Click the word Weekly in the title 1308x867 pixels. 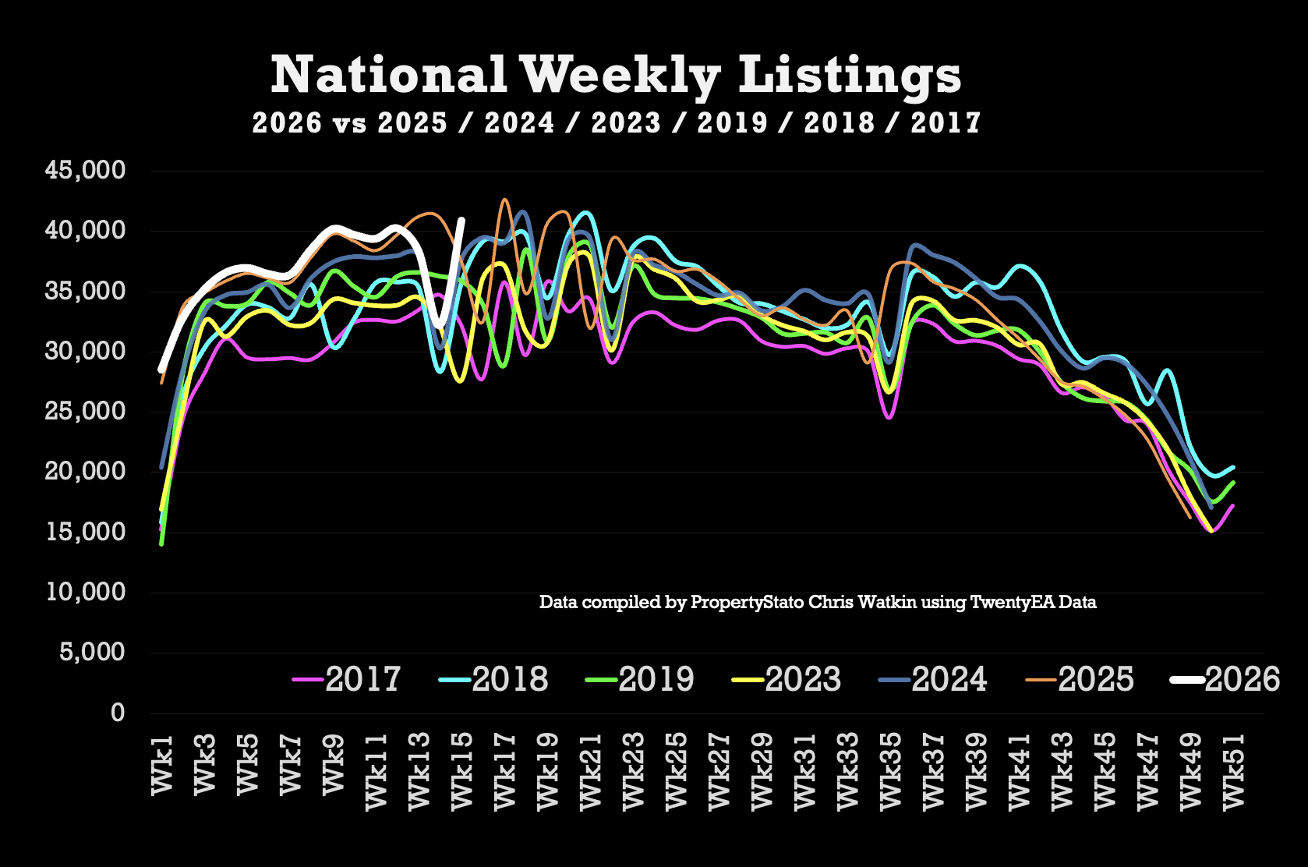[620, 76]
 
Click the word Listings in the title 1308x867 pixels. [850, 76]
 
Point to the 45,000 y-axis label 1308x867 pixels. [85, 170]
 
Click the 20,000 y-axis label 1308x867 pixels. [85, 471]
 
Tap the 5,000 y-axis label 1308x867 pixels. [92, 652]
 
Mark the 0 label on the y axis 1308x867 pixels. [118, 712]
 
